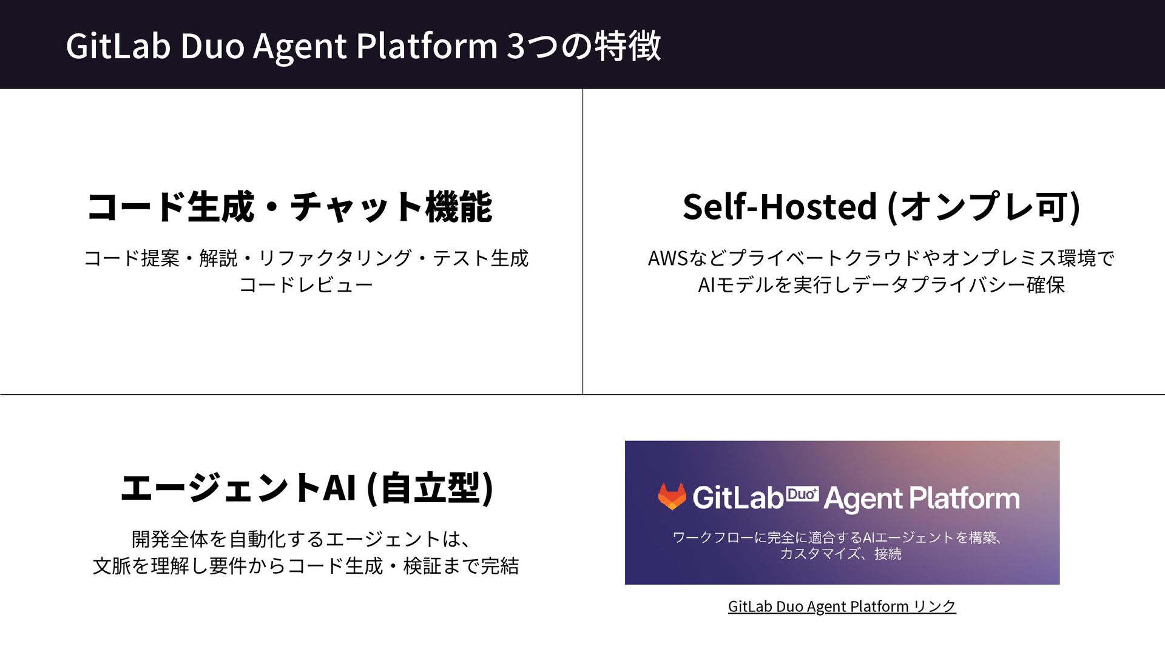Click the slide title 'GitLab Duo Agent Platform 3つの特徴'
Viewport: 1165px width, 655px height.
pyautogui.click(x=363, y=46)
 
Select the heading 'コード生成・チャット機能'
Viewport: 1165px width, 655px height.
pyautogui.click(x=289, y=207)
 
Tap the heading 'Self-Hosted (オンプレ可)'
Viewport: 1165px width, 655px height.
pyautogui.click(x=881, y=207)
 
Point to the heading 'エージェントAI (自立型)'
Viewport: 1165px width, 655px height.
pyautogui.click(x=306, y=488)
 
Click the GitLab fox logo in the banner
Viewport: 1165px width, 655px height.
pyautogui.click(x=672, y=497)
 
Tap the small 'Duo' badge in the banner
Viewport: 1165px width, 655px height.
pyautogui.click(x=802, y=495)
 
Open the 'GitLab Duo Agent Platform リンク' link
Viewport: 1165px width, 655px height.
pyautogui.click(x=842, y=606)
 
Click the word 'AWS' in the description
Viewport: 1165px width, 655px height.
pyautogui.click(x=667, y=258)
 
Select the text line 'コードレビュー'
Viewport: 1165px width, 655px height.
pyautogui.click(x=306, y=285)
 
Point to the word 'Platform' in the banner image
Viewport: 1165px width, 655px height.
pyautogui.click(x=964, y=499)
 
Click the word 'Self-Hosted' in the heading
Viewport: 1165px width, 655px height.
pyautogui.click(x=780, y=207)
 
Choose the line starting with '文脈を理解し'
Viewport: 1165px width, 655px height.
pyautogui.click(x=306, y=566)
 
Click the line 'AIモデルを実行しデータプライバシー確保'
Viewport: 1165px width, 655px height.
pyautogui.click(x=881, y=285)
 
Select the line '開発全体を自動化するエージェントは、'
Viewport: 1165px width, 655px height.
pyautogui.click(x=300, y=539)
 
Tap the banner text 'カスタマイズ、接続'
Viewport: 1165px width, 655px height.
pyautogui.click(x=840, y=554)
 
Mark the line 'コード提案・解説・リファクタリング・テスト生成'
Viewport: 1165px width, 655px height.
pyautogui.click(x=306, y=258)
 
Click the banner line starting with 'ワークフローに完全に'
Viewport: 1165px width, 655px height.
pyautogui.click(x=837, y=537)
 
